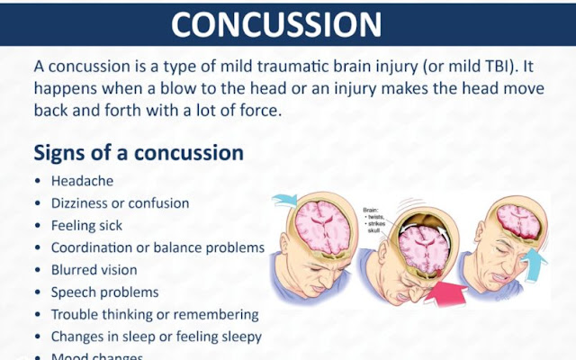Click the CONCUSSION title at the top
coord(288,23)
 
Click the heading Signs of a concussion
coord(139,152)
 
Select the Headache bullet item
coord(81,181)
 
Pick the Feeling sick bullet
coord(86,225)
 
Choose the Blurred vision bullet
coord(94,269)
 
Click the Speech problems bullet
coord(104,292)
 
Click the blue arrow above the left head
coord(288,199)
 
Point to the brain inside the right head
coord(517,221)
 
